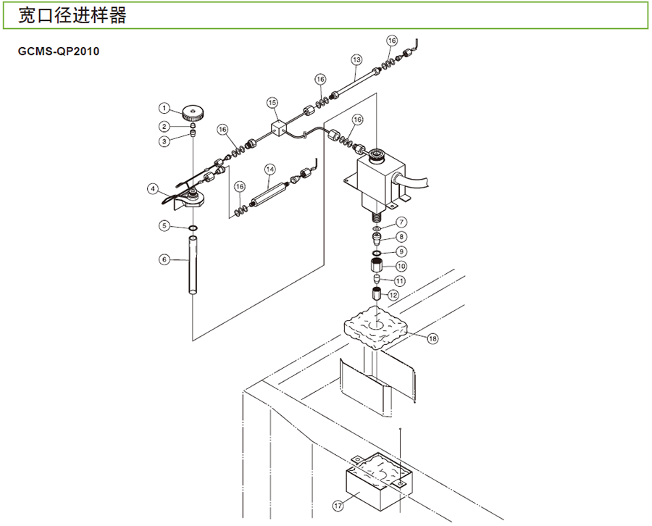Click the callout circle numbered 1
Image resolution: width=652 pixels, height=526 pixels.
point(164,109)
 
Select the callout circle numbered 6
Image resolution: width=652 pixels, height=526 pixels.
point(164,259)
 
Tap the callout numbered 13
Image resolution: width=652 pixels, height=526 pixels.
point(356,59)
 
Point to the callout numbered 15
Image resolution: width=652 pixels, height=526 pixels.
point(272,103)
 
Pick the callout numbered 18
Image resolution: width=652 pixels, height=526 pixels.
point(432,338)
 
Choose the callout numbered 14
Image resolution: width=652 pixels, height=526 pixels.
point(269,169)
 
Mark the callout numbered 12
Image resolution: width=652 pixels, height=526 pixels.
point(393,295)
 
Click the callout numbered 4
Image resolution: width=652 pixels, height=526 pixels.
point(153,188)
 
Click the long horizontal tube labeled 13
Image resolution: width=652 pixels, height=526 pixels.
point(355,84)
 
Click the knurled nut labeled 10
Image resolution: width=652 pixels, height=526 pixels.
point(376,265)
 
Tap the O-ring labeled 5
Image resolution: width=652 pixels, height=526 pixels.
point(193,229)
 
